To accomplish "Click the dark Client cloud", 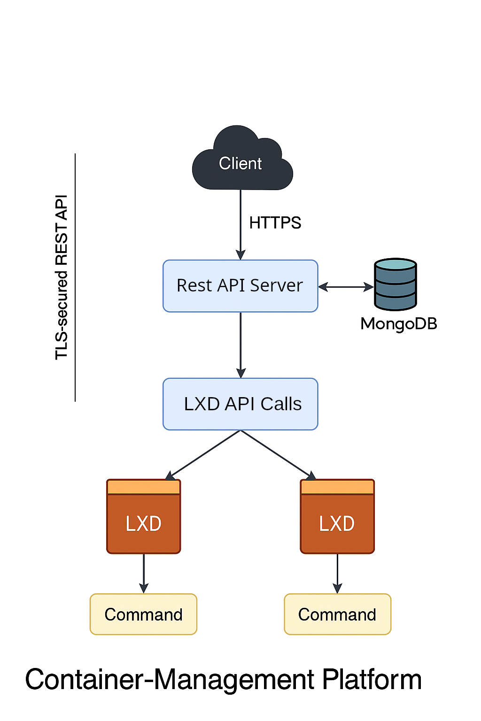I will point(241,162).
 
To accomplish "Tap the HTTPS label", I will point(275,222).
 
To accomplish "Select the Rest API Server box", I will point(240,286).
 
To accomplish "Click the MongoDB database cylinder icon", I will point(396,284).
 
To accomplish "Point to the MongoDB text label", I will point(398,323).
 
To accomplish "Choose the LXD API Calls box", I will point(240,404).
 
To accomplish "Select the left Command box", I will point(143,614).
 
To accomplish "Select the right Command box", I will point(337,614).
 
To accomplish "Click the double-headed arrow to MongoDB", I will point(346,286).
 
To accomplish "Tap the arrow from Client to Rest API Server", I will point(240,225).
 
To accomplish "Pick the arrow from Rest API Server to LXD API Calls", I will point(240,345).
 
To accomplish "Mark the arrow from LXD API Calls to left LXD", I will point(203,455).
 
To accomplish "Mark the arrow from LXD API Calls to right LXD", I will point(278,455).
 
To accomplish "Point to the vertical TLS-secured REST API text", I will point(62,277).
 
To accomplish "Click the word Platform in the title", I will point(372,679).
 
